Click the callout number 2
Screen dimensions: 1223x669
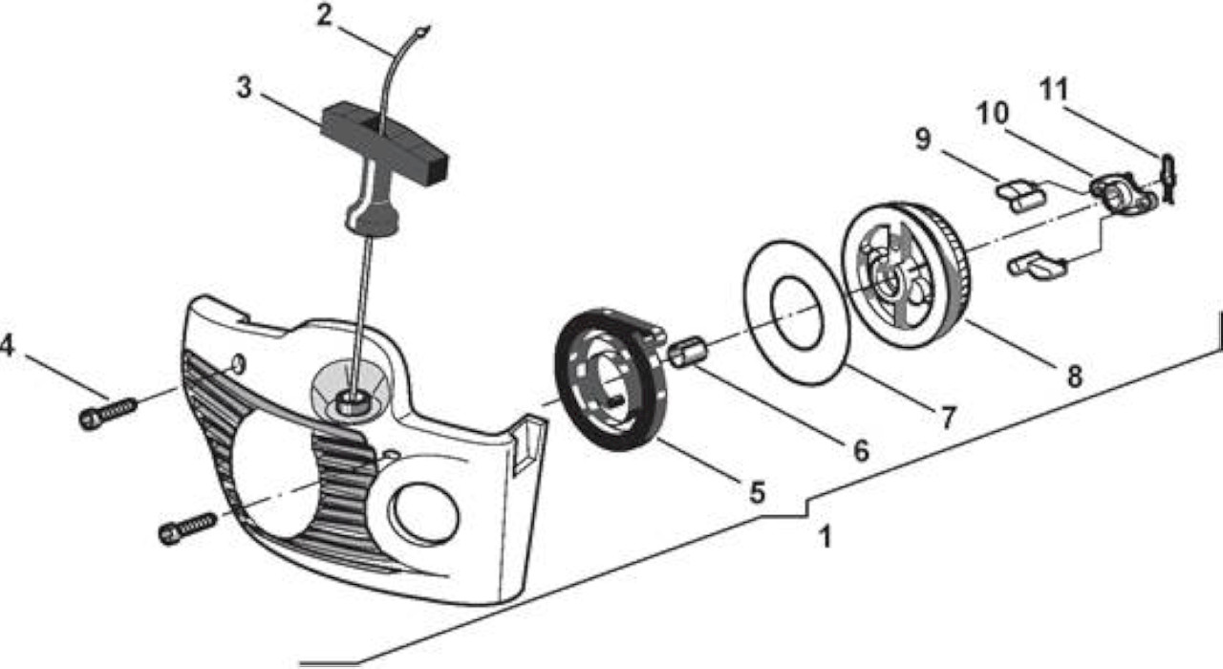[x=324, y=16]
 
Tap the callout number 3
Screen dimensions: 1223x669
[x=244, y=87]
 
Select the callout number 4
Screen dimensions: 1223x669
[x=7, y=345]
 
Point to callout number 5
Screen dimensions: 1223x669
[x=757, y=492]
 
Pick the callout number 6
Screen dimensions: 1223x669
[x=861, y=450]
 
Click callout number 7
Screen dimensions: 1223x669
[x=949, y=418]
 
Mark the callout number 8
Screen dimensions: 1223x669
[x=1075, y=377]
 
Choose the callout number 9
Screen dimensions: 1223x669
[x=923, y=139]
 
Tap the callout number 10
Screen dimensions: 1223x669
[x=993, y=114]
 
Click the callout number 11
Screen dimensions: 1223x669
[x=1053, y=90]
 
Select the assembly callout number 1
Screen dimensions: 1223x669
[x=826, y=537]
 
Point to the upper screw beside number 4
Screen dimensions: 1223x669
[x=108, y=414]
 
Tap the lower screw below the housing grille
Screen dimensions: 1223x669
[x=187, y=528]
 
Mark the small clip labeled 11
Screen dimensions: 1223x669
[x=1168, y=179]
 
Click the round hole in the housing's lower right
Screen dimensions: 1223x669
[x=423, y=514]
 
